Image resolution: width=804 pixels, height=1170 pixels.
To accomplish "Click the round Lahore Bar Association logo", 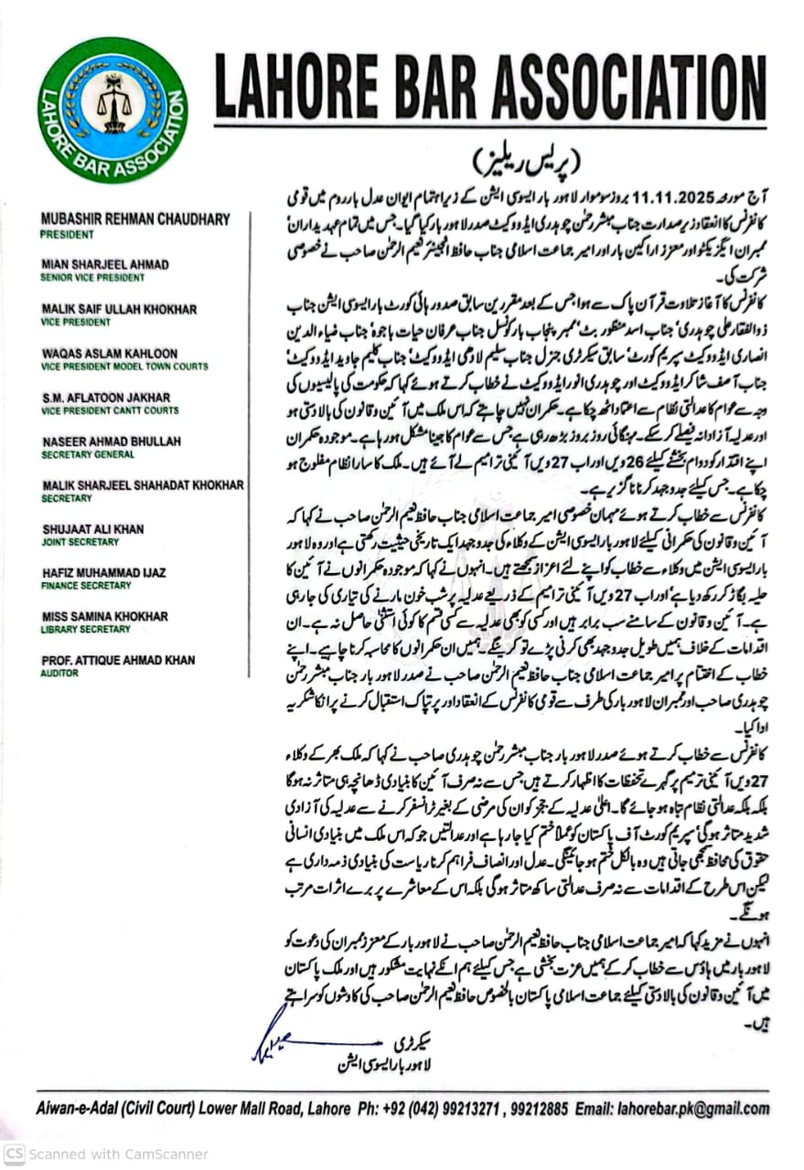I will pyautogui.click(x=113, y=111).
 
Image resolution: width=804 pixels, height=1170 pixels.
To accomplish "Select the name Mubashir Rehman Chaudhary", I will pyautogui.click(x=135, y=219).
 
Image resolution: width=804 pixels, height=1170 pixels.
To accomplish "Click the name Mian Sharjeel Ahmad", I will pyautogui.click(x=105, y=264).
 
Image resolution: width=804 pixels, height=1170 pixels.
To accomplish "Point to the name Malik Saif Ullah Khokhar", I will pyautogui.click(x=119, y=309).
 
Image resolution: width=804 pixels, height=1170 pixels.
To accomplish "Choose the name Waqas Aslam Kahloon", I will pyautogui.click(x=109, y=353).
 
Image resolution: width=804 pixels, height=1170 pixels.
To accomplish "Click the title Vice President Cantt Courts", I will pyautogui.click(x=110, y=410).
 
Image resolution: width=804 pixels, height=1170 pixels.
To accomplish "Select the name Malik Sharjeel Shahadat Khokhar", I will pyautogui.click(x=143, y=485).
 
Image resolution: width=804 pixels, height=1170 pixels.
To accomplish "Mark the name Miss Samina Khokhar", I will pyautogui.click(x=104, y=617).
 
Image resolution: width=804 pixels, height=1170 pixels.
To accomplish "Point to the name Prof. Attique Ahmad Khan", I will pyautogui.click(x=118, y=661).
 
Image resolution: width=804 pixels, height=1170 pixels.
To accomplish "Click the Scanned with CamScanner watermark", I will pyautogui.click(x=105, y=1154).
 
